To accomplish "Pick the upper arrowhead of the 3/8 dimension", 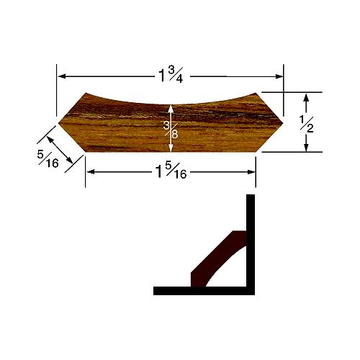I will tap(171, 107).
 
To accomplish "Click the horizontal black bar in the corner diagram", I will tap(202, 291).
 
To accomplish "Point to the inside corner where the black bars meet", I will tap(247, 287).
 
